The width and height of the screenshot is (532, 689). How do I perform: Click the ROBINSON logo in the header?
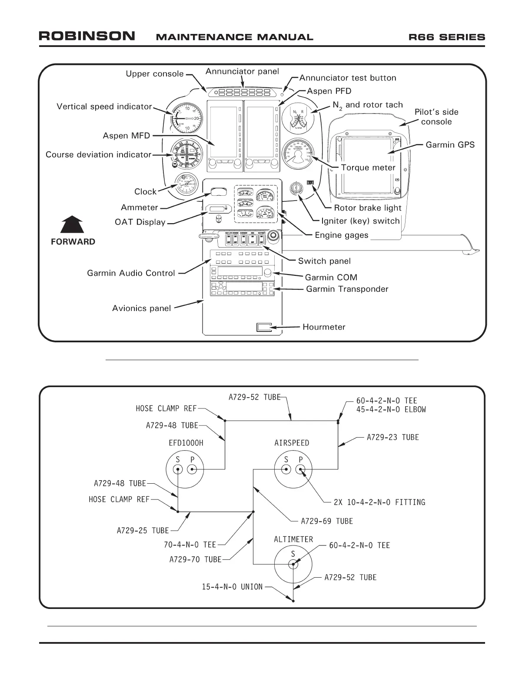click(x=87, y=36)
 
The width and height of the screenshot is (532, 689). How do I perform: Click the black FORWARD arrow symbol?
click(x=72, y=225)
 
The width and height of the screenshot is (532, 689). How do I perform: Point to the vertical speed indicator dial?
click(x=186, y=118)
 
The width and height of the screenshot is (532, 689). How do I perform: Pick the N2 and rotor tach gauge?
click(x=299, y=118)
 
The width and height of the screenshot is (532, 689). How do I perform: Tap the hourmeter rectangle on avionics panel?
click(x=264, y=327)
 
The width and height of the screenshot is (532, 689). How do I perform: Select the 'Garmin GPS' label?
click(x=450, y=145)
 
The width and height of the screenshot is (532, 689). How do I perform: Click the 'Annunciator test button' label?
click(x=348, y=78)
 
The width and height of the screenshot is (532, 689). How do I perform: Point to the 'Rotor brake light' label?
click(x=368, y=208)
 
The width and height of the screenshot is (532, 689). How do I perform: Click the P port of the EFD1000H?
click(x=192, y=469)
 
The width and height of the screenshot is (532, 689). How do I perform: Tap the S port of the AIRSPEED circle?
click(x=286, y=469)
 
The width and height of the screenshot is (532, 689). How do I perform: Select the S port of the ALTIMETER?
click(x=293, y=564)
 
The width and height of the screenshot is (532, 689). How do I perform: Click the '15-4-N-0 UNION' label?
click(x=232, y=587)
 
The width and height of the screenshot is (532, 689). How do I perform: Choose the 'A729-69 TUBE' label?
click(x=327, y=521)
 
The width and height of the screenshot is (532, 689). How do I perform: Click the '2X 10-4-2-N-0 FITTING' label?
click(x=379, y=502)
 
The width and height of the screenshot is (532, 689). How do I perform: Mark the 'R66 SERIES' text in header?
click(x=447, y=37)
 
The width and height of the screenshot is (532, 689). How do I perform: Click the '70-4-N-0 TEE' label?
click(x=190, y=545)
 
